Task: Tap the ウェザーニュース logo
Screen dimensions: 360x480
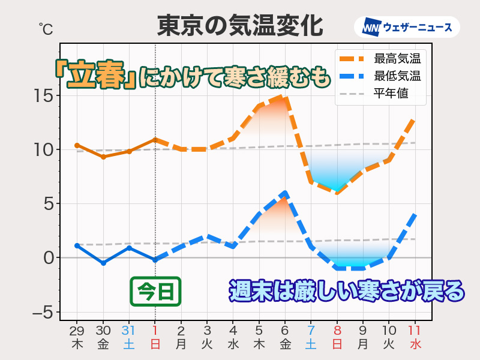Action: coord(411,27)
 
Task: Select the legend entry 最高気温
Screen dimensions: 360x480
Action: coord(397,59)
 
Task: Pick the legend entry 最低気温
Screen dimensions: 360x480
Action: coord(397,76)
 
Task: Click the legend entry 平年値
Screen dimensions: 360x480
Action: coord(391,94)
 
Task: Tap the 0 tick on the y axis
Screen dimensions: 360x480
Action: coord(48,258)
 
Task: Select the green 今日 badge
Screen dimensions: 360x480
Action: coord(155,291)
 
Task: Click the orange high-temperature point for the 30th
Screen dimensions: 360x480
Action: coord(103,157)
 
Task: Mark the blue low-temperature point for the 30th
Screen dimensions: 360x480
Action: coord(103,263)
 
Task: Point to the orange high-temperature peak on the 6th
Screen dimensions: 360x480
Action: coord(286,96)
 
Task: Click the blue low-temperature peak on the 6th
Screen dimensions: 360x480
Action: coord(286,193)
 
